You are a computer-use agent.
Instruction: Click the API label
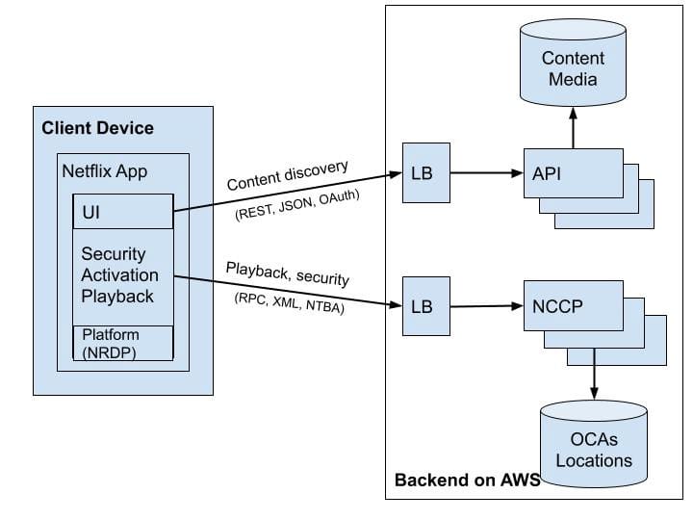coord(548,173)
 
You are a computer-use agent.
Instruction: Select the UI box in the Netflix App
coord(123,212)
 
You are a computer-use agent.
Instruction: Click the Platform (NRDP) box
coord(123,343)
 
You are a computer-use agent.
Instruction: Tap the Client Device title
coord(97,128)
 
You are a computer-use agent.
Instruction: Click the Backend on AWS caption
coord(467,480)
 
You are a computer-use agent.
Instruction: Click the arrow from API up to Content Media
coord(573,127)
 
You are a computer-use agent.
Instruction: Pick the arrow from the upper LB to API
coord(485,173)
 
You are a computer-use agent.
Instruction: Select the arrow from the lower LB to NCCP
coord(485,306)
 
